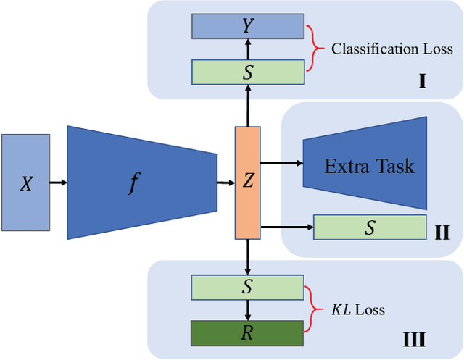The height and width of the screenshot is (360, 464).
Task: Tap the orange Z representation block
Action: coord(246,183)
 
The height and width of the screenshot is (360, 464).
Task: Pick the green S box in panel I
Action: coord(247,72)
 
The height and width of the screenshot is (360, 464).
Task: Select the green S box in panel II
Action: coord(370,227)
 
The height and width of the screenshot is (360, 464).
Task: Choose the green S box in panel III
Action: coord(246,288)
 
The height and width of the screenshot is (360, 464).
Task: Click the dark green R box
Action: coord(246,332)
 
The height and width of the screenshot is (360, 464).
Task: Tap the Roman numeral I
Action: coord(422,81)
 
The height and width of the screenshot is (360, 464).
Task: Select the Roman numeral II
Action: coord(442,233)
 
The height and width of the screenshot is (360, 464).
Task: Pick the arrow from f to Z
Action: coord(225,183)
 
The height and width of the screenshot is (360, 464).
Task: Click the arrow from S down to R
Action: coord(247,310)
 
